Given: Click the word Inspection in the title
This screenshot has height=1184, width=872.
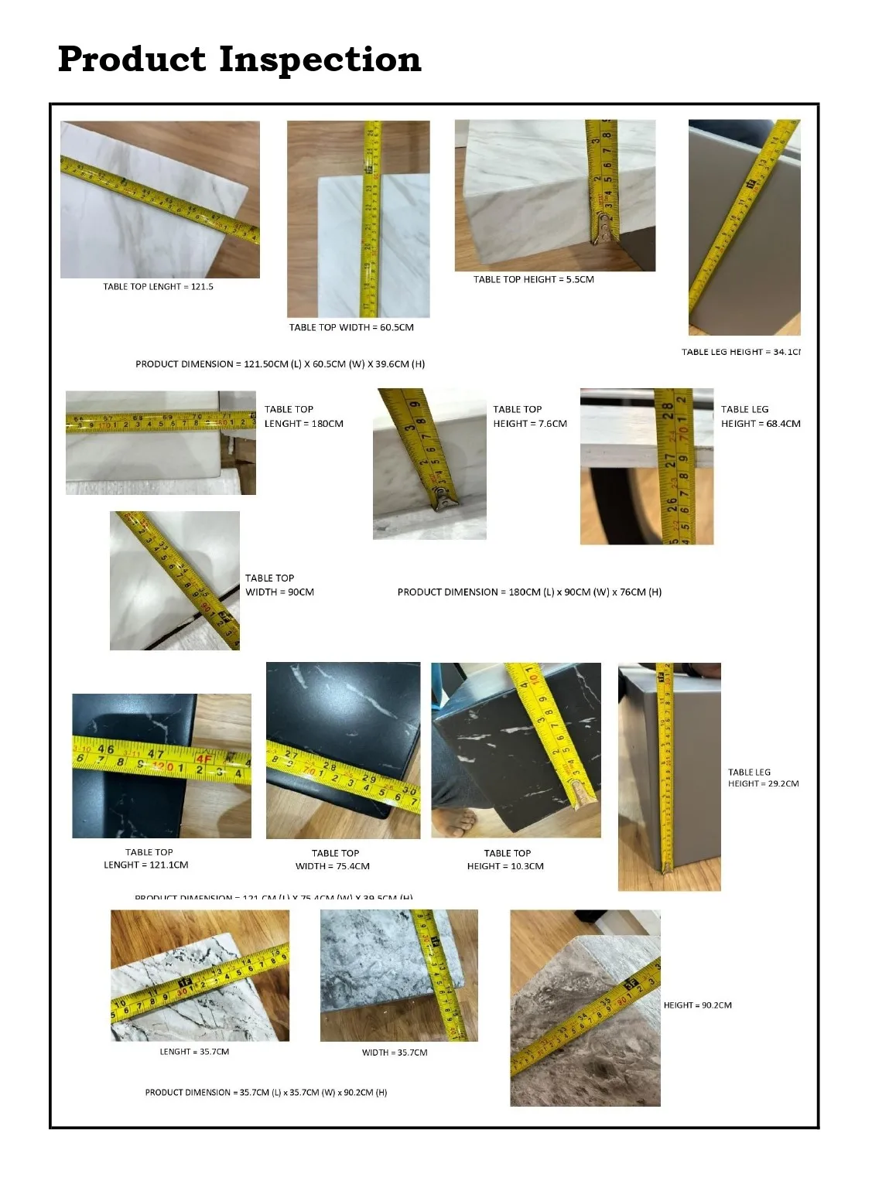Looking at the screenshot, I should point(319,60).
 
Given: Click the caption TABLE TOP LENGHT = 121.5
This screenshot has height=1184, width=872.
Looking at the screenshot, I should point(158,287).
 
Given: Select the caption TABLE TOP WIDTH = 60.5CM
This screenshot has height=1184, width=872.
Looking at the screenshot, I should point(351,328).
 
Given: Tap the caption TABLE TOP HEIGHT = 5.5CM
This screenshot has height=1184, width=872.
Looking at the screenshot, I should point(534,280).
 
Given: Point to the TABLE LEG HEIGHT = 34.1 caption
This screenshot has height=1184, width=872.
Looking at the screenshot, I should point(740,352).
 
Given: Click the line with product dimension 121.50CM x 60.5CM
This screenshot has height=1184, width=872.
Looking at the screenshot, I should point(280,364).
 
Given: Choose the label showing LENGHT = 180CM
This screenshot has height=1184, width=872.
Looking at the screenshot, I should point(303,424).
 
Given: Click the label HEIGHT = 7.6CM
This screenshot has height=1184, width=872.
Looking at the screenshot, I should point(530,424).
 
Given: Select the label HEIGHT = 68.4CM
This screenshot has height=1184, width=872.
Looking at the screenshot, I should point(761,424).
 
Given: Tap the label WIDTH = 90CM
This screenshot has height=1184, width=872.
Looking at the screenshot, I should point(279,592).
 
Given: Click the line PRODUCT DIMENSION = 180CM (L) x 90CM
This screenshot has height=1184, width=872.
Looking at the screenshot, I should point(529,592).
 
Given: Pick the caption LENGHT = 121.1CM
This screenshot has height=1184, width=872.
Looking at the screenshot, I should point(146,865).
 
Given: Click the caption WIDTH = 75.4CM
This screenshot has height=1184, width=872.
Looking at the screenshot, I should point(333,866).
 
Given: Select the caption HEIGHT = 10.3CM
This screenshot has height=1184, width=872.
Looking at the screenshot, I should point(505,866).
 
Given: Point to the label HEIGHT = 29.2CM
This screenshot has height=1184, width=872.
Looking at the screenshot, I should point(763,784).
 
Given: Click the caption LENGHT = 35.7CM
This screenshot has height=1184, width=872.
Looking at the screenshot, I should point(194,1052).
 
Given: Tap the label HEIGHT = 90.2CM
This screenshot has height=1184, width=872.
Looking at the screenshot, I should point(697,1005).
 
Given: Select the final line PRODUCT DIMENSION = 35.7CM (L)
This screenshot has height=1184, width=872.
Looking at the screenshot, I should point(266,1093).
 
